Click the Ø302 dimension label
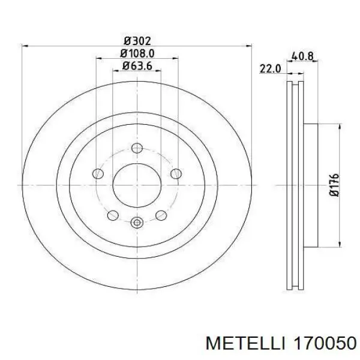[137, 41]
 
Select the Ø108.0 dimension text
[137, 54]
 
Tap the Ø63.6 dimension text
[137, 66]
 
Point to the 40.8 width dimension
[302, 56]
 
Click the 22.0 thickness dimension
[270, 68]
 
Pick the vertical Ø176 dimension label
[334, 185]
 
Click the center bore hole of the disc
[137, 185]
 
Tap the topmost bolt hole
[137, 148]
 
